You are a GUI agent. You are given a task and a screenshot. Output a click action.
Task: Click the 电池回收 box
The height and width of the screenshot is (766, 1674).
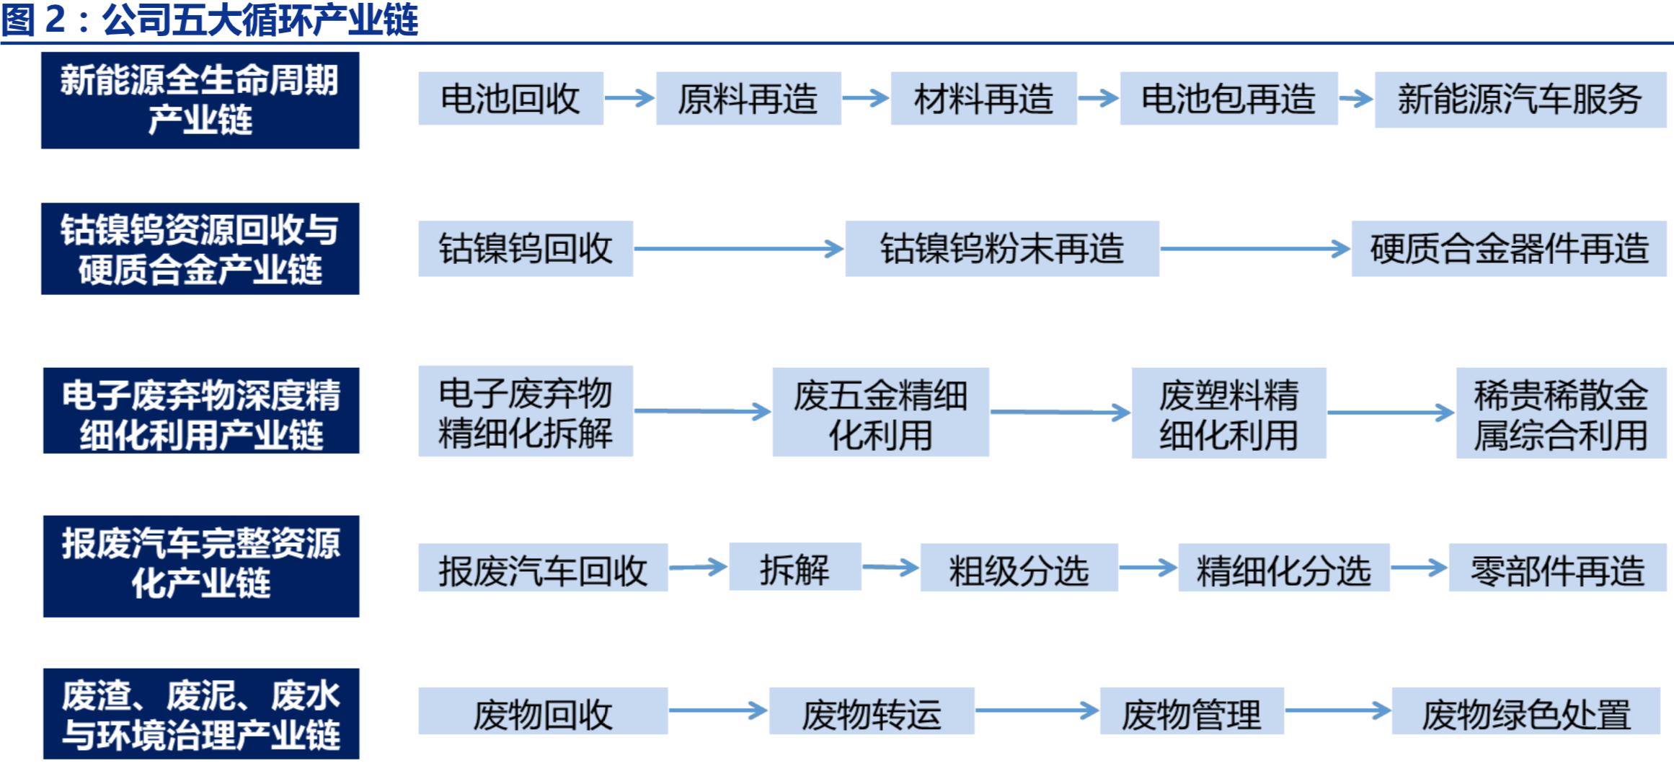click(x=510, y=99)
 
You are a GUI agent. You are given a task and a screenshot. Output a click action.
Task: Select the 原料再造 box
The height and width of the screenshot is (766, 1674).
click(x=748, y=99)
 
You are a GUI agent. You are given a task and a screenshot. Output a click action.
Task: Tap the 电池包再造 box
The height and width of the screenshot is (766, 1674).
click(x=1228, y=99)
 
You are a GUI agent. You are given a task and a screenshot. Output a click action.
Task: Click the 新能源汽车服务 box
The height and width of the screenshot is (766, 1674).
click(x=1520, y=100)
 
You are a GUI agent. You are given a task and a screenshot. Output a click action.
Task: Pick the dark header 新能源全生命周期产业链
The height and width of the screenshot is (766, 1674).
click(x=200, y=100)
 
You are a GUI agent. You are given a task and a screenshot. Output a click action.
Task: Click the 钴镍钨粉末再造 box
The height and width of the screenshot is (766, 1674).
click(x=1002, y=249)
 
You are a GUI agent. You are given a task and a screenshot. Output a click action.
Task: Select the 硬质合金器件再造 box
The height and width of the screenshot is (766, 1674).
click(x=1509, y=249)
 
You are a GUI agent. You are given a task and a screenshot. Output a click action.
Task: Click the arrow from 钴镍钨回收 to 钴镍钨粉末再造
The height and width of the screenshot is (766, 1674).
click(x=738, y=250)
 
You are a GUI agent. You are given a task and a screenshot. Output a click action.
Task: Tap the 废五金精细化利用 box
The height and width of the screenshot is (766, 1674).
click(x=880, y=413)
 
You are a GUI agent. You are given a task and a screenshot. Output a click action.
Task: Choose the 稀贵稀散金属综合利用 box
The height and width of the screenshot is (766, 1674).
click(x=1561, y=413)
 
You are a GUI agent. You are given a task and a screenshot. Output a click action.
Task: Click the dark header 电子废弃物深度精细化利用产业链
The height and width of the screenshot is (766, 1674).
click(x=200, y=411)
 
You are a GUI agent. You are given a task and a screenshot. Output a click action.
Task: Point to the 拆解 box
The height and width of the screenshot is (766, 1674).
click(x=794, y=568)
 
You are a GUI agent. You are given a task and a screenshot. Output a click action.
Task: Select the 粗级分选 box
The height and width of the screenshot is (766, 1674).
click(x=1019, y=569)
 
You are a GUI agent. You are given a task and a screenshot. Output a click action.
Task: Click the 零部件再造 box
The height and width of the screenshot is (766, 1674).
click(x=1557, y=569)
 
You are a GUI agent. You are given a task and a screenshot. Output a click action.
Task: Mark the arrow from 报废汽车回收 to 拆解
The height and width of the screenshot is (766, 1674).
click(x=698, y=568)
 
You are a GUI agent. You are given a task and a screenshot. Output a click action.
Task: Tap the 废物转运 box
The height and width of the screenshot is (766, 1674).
click(x=872, y=712)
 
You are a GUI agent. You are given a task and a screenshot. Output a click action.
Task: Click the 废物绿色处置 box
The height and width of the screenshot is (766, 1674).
click(x=1525, y=712)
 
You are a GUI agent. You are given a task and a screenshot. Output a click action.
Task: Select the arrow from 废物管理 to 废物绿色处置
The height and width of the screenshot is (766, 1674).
click(x=1337, y=710)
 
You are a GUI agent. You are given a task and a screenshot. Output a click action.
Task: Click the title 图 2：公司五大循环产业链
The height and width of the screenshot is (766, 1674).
click(x=209, y=20)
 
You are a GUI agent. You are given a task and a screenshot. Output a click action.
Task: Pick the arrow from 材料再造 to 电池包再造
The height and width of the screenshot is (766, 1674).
click(x=1098, y=98)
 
